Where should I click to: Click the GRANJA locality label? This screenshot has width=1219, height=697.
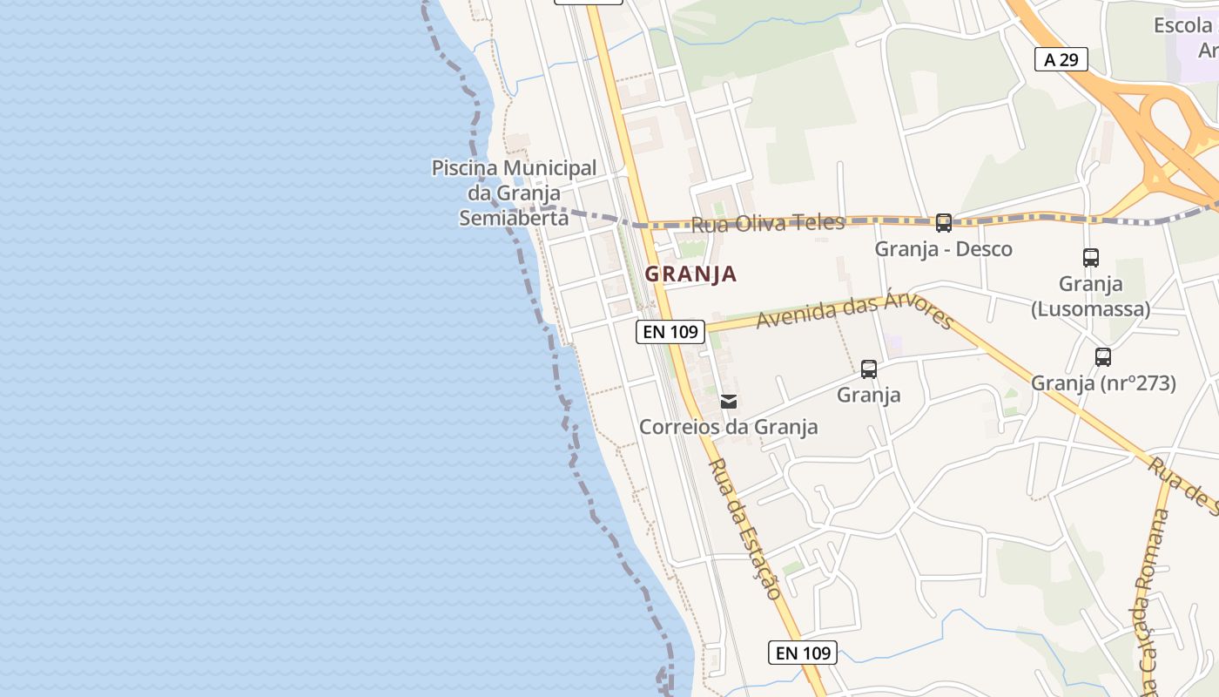click(690, 274)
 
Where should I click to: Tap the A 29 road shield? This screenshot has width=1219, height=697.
click(1061, 59)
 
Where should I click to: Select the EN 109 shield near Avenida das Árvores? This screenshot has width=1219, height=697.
click(670, 331)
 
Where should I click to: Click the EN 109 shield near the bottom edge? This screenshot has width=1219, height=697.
click(802, 653)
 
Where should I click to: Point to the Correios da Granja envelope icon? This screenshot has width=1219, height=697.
click(729, 402)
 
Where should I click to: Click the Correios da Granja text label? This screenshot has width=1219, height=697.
click(728, 427)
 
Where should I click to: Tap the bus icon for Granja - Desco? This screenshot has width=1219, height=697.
click(943, 223)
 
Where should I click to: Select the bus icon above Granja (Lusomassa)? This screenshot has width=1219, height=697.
click(1090, 258)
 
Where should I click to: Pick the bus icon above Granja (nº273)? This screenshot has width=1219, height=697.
click(1102, 357)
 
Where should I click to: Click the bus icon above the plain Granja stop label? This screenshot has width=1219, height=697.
click(868, 369)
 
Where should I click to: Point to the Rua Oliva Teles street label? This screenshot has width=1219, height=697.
click(767, 223)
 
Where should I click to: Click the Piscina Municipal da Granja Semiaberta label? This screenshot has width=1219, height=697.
click(514, 193)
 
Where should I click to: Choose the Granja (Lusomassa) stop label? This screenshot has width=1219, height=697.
click(1090, 296)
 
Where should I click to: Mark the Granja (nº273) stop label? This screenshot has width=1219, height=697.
click(1103, 383)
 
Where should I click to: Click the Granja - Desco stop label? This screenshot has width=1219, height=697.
click(943, 249)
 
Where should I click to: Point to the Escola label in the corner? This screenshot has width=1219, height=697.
click(1183, 26)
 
